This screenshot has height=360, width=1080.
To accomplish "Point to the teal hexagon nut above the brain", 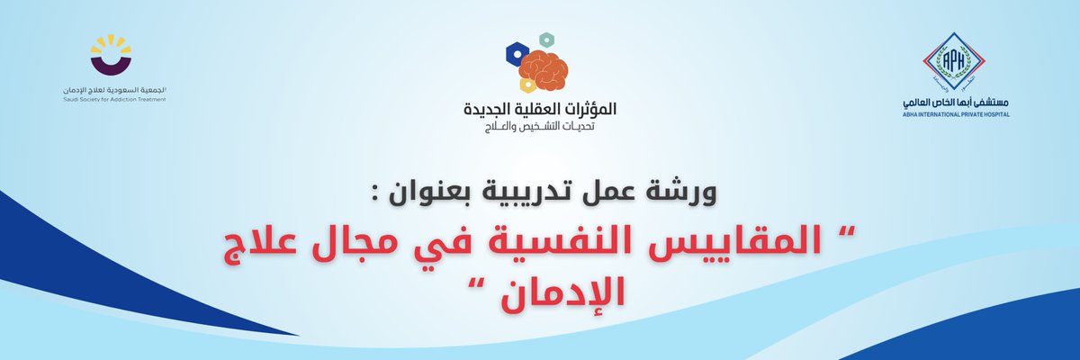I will pyautogui.click(x=544, y=40).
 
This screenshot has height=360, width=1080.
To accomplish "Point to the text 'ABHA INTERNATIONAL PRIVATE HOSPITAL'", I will pyautogui.click(x=953, y=115).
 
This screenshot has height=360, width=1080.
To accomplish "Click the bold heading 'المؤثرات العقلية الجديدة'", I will pyautogui.click(x=539, y=111).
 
